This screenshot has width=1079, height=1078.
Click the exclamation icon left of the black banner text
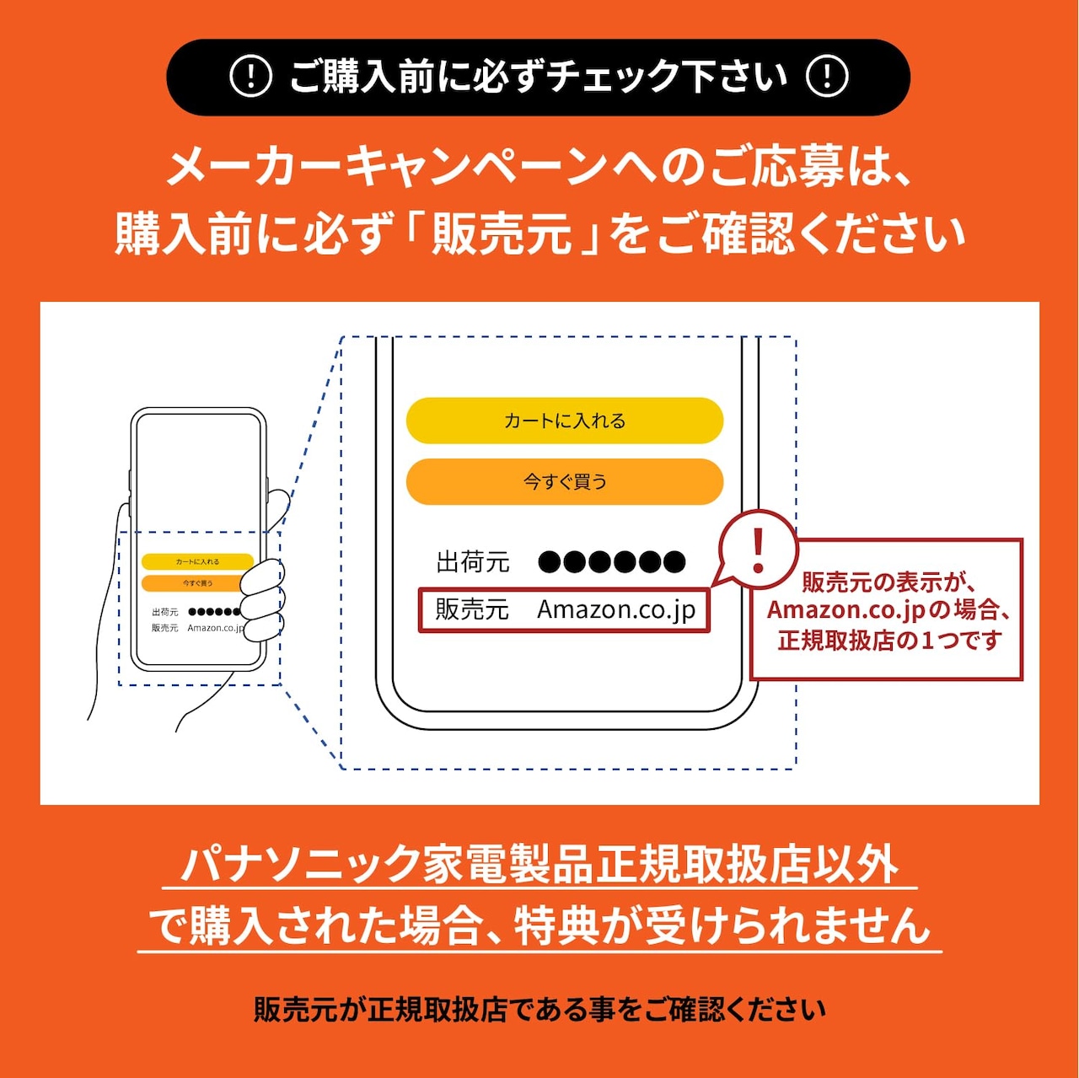(x=250, y=77)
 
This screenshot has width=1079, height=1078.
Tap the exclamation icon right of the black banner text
(x=827, y=77)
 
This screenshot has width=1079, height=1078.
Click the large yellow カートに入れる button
(x=565, y=421)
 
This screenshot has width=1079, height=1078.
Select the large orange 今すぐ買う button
(x=565, y=481)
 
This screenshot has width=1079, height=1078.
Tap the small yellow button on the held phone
(x=197, y=561)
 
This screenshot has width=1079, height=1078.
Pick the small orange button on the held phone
(x=197, y=583)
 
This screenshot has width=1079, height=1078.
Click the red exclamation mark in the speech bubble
(x=758, y=549)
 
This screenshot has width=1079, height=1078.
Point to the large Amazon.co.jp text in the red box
(x=616, y=609)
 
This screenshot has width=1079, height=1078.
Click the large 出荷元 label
(x=473, y=562)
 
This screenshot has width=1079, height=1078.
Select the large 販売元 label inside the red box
(x=472, y=609)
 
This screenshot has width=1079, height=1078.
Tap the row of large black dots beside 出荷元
(x=612, y=562)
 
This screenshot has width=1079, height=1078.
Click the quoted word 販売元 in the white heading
(x=502, y=233)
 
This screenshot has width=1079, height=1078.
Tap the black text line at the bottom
(x=539, y=1009)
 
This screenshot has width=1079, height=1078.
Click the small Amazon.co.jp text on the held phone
(x=215, y=628)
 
